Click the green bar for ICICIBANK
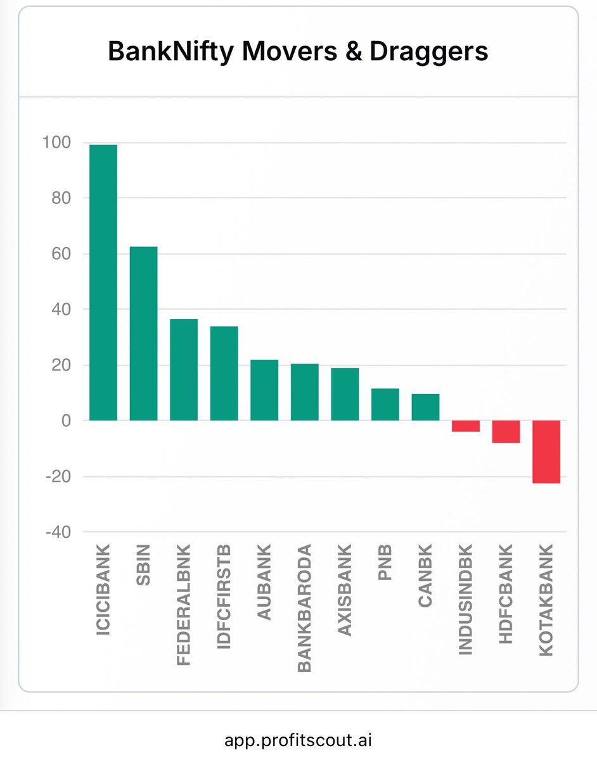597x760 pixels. click(x=103, y=282)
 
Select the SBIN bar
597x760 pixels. click(x=143, y=333)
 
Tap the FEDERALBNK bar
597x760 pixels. click(x=184, y=370)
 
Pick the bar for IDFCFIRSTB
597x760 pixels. click(x=224, y=373)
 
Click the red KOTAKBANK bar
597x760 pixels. click(x=546, y=452)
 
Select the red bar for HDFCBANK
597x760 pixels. click(x=506, y=431)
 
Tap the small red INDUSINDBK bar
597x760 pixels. click(x=466, y=426)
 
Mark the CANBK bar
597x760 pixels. click(x=425, y=407)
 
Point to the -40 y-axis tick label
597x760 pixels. click(x=58, y=532)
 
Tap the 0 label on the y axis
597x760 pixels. click(x=66, y=421)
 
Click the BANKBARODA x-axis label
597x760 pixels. click(x=304, y=607)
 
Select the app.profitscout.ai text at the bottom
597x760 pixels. click(x=298, y=739)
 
